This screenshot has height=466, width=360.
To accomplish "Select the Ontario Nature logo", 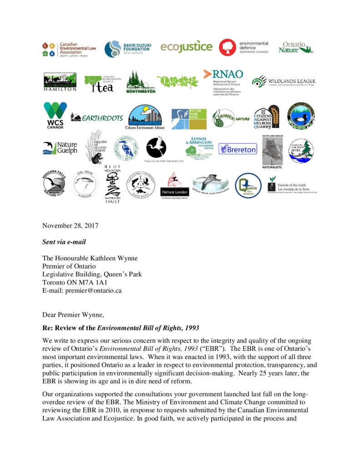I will pyautogui.click(x=296, y=48).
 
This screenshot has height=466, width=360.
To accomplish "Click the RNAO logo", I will pyautogui.click(x=223, y=81).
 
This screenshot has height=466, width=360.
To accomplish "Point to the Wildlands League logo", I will pyautogui.click(x=284, y=82).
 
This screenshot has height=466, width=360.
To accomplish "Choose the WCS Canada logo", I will pyautogui.click(x=55, y=116).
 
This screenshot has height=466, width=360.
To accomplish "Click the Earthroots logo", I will pyautogui.click(x=96, y=118).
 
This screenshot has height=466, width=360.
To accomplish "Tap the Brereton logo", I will pyautogui.click(x=238, y=149).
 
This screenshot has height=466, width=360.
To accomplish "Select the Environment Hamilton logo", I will pyautogui.click(x=60, y=82).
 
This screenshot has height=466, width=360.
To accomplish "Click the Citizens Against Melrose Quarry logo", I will pyautogui.click(x=268, y=117).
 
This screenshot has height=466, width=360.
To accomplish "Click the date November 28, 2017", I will pyautogui.click(x=70, y=226).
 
